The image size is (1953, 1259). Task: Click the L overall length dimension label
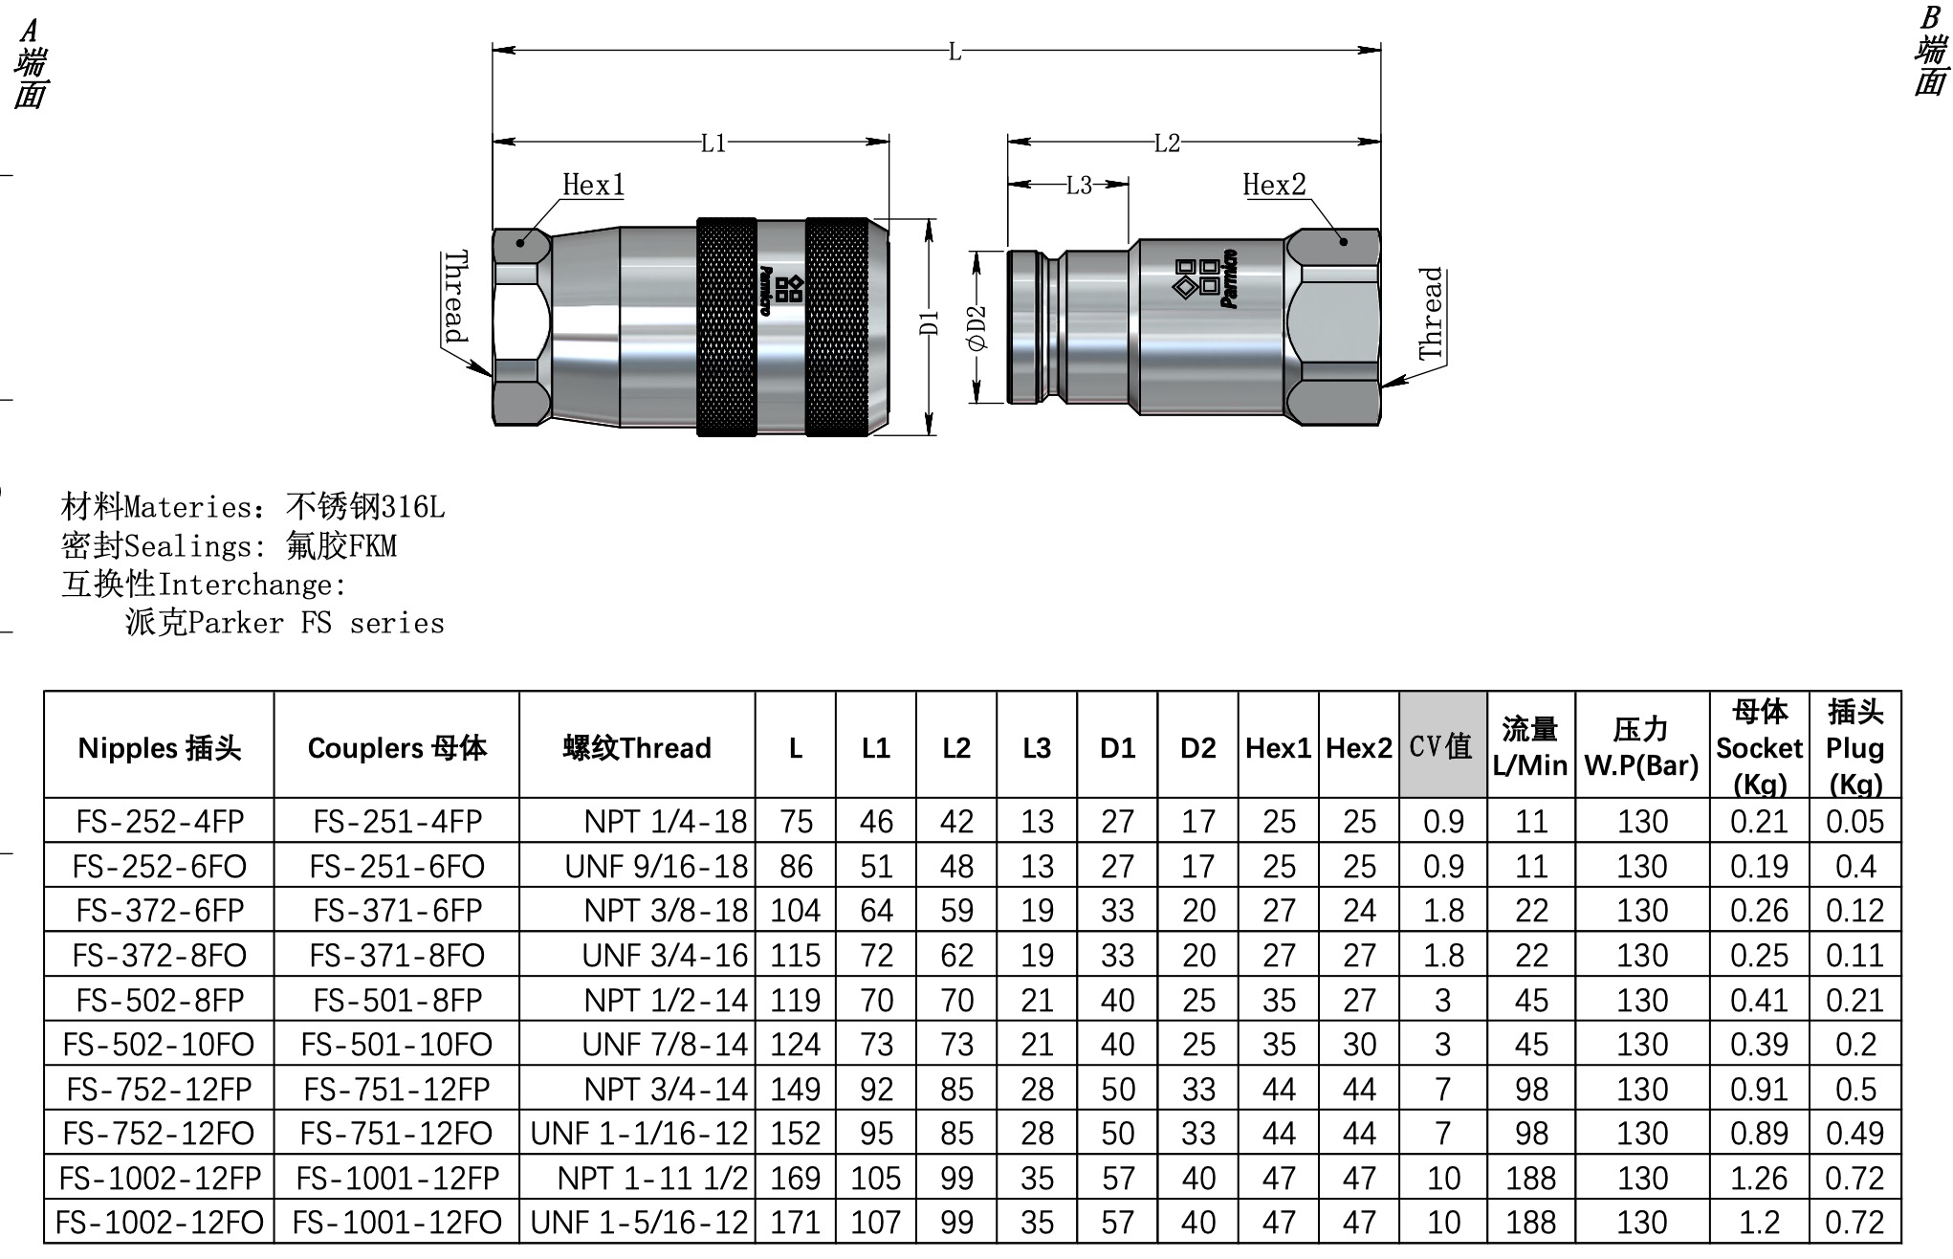[954, 52]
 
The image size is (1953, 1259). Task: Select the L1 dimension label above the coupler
[713, 144]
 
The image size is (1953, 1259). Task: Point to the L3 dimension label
[1079, 185]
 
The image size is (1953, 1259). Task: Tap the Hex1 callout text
[593, 185]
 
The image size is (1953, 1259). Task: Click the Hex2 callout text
[1274, 185]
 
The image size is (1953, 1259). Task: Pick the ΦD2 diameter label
[976, 328]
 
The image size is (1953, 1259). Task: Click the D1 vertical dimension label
[929, 323]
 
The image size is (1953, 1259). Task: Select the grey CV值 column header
[1441, 746]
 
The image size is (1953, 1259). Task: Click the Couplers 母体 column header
[397, 747]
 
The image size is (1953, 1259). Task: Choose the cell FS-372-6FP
[160, 910]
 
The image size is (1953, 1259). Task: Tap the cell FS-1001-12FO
[397, 1222]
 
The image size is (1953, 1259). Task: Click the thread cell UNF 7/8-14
[665, 1044]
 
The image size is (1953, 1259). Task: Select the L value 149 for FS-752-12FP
[796, 1089]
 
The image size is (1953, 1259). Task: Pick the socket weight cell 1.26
[1758, 1178]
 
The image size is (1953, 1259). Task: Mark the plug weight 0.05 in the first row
[1854, 821]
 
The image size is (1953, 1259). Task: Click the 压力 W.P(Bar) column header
[1641, 747]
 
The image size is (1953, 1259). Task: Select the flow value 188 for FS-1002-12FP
[1530, 1178]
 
